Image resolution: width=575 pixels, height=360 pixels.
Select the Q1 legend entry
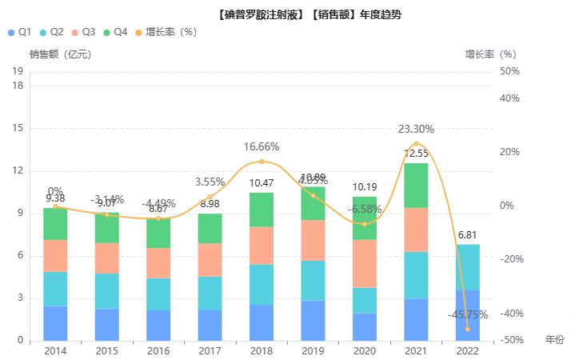(18, 32)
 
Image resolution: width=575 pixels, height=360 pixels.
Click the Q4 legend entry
(114, 32)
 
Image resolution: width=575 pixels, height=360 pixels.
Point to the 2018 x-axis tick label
(262, 350)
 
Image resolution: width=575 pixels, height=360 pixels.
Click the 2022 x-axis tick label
(467, 350)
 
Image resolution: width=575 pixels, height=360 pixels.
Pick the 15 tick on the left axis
(18, 128)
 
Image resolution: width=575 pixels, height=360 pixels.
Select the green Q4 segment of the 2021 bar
(416, 185)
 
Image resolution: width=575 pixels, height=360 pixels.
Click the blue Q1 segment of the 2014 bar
(55, 323)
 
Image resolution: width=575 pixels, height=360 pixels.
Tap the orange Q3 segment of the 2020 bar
(365, 263)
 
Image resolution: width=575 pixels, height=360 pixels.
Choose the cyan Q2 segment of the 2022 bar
(467, 267)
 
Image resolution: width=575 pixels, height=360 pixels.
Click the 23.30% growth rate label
(417, 129)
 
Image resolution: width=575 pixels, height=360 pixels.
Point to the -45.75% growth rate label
(468, 314)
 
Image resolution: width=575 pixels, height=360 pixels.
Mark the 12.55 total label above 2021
(416, 154)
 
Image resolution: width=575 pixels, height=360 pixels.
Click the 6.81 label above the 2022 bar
(467, 235)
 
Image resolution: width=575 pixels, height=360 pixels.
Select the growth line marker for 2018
(262, 162)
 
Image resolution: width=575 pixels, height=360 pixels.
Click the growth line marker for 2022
(467, 329)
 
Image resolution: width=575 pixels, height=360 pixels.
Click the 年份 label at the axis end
(555, 340)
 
